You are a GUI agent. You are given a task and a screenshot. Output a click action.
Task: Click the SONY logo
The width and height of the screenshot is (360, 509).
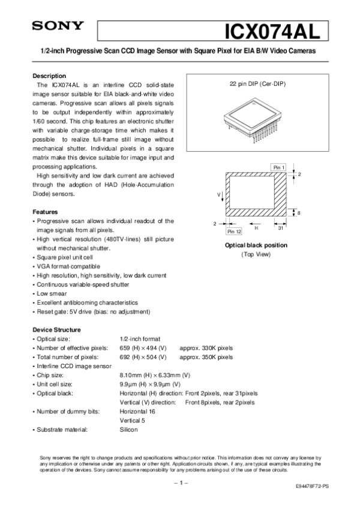point(53,26)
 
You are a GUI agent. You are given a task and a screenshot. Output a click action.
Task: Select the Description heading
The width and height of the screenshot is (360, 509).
point(49,76)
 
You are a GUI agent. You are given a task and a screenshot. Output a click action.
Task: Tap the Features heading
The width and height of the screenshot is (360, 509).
point(44,212)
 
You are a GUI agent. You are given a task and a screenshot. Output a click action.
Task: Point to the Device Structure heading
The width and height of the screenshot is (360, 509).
point(56,330)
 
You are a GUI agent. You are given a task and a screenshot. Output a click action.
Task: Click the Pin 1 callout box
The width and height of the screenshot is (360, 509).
point(279,166)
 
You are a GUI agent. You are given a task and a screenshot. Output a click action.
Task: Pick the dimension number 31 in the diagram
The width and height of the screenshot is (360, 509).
point(281,228)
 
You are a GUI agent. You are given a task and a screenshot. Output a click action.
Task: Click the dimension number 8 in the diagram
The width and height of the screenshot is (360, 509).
point(298,213)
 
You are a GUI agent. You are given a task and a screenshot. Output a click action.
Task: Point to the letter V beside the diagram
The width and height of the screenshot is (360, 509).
point(219,195)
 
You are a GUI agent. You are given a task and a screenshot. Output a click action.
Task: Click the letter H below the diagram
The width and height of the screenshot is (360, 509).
point(256,228)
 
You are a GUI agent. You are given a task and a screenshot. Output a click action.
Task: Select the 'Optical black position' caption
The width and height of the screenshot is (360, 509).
point(256,245)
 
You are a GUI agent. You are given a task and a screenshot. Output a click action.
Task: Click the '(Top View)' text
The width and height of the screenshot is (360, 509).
point(256,254)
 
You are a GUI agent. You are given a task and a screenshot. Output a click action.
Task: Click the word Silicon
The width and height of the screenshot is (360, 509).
point(128,429)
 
